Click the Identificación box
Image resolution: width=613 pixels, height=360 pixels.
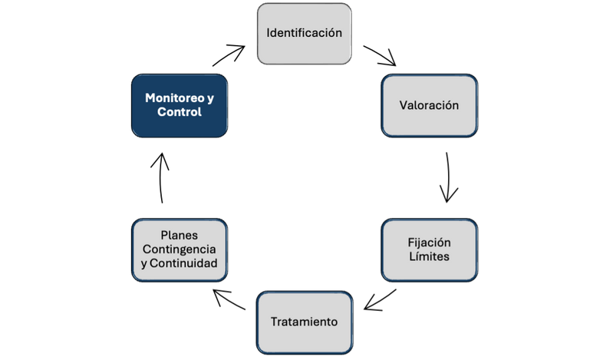point(304,33)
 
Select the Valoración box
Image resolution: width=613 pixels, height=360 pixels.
point(429,105)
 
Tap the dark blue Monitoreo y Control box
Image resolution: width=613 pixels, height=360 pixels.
point(180,105)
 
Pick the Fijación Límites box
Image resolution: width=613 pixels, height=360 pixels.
point(429,249)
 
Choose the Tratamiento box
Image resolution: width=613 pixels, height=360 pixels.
point(304,322)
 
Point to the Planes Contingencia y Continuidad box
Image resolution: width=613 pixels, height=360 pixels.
point(180,249)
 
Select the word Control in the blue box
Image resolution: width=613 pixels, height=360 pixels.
point(180,112)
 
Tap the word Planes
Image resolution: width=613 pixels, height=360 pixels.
point(180,236)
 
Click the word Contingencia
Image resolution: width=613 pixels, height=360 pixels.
point(180,249)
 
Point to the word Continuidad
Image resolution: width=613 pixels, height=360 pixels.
point(184,263)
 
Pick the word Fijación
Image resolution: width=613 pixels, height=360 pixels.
point(429,242)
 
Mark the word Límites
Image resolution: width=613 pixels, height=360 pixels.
point(429,256)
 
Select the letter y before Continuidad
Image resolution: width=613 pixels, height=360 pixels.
point(144,264)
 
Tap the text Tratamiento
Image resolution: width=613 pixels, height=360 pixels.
point(304,322)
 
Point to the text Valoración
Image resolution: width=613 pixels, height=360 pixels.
point(429,105)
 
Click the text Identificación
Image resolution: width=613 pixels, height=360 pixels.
point(304,33)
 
